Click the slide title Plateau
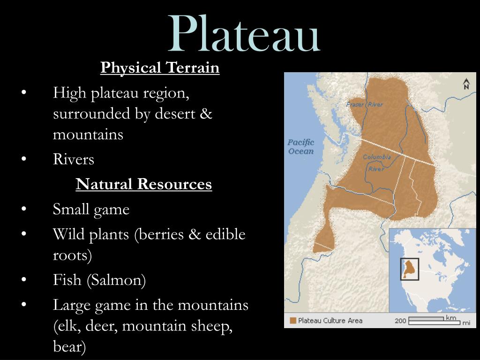coord(244,34)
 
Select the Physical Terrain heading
coord(160,68)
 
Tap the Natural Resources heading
coord(144,184)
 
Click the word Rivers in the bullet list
coord(74,159)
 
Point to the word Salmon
coord(116,280)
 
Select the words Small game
coord(91,209)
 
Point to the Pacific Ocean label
coord(300,147)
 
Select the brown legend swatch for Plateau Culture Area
coord(293,321)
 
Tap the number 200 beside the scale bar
coord(400,321)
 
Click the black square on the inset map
coord(409,269)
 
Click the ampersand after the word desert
coord(206,114)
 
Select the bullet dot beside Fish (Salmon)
coord(23,280)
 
